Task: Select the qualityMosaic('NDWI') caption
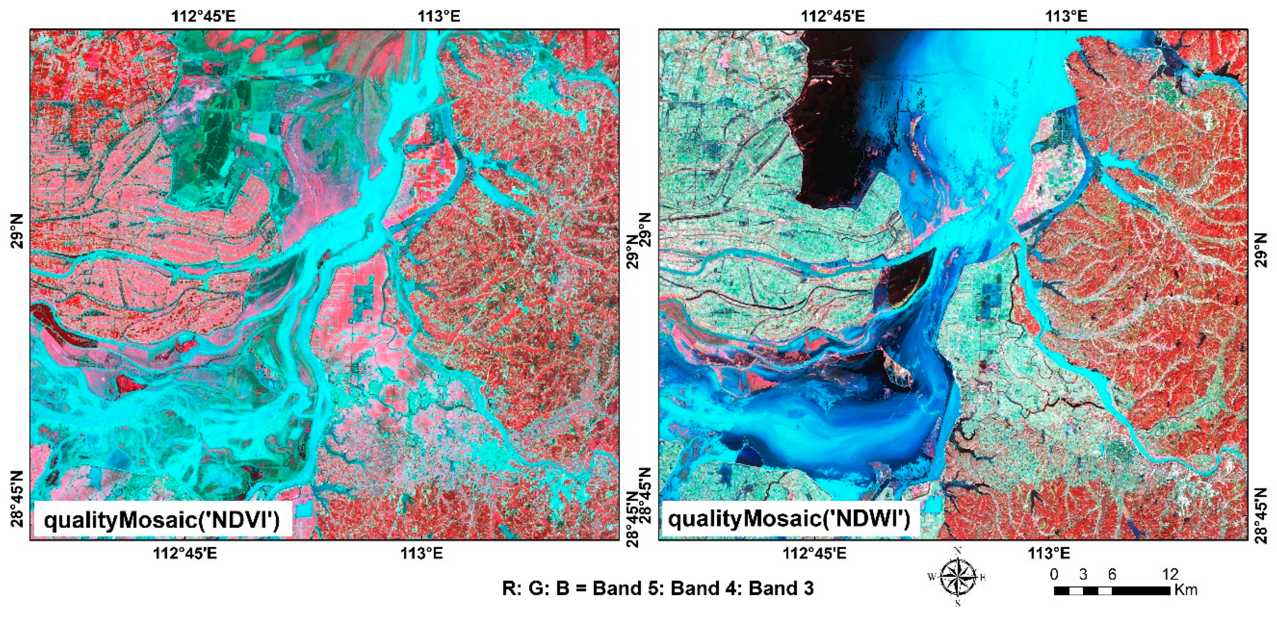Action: coord(789,519)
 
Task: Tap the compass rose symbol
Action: coord(958,577)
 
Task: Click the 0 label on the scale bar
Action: coord(1055,574)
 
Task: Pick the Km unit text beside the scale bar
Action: coord(1185,590)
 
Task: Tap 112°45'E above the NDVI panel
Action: coord(204,16)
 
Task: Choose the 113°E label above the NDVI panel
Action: coord(439,16)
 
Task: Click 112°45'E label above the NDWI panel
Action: coord(833,16)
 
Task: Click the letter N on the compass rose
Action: coord(958,550)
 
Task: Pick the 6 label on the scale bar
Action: coord(1112,574)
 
